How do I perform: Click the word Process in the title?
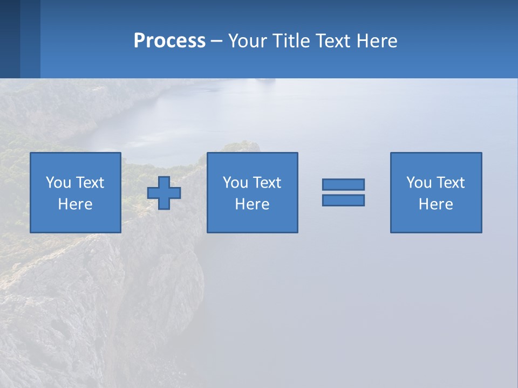169,41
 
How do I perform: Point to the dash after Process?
216,42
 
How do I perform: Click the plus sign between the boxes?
164,193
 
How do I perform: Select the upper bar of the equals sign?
343,184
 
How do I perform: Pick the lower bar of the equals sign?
343,200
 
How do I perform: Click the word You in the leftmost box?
58,183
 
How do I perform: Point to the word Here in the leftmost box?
75,204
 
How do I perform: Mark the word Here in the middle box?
252,204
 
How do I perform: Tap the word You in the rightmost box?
419,183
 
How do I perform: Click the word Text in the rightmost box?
451,183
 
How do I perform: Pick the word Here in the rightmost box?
435,204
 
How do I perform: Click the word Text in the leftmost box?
90,183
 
